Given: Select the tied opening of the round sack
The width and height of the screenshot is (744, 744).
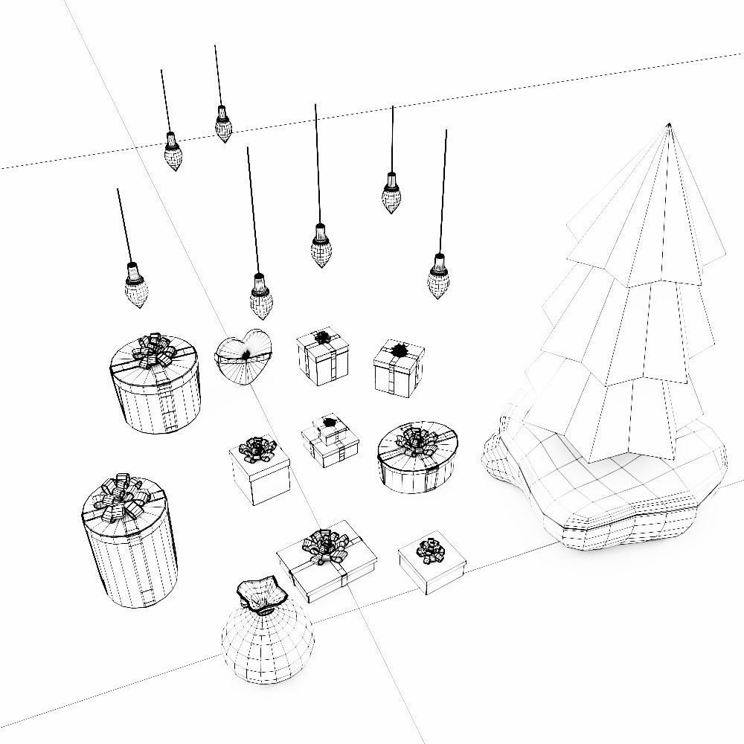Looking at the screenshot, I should (x=261, y=593).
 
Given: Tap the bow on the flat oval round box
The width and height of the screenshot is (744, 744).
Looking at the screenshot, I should (x=417, y=442).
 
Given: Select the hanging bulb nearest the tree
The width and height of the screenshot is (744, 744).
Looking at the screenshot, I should (x=439, y=277).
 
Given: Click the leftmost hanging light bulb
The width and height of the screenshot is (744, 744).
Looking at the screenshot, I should (x=137, y=288).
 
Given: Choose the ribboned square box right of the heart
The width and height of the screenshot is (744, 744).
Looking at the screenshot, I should (x=323, y=358).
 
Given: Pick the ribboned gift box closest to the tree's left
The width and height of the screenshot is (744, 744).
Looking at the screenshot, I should (x=399, y=368).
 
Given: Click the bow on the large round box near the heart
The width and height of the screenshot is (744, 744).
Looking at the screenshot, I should (x=153, y=350).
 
